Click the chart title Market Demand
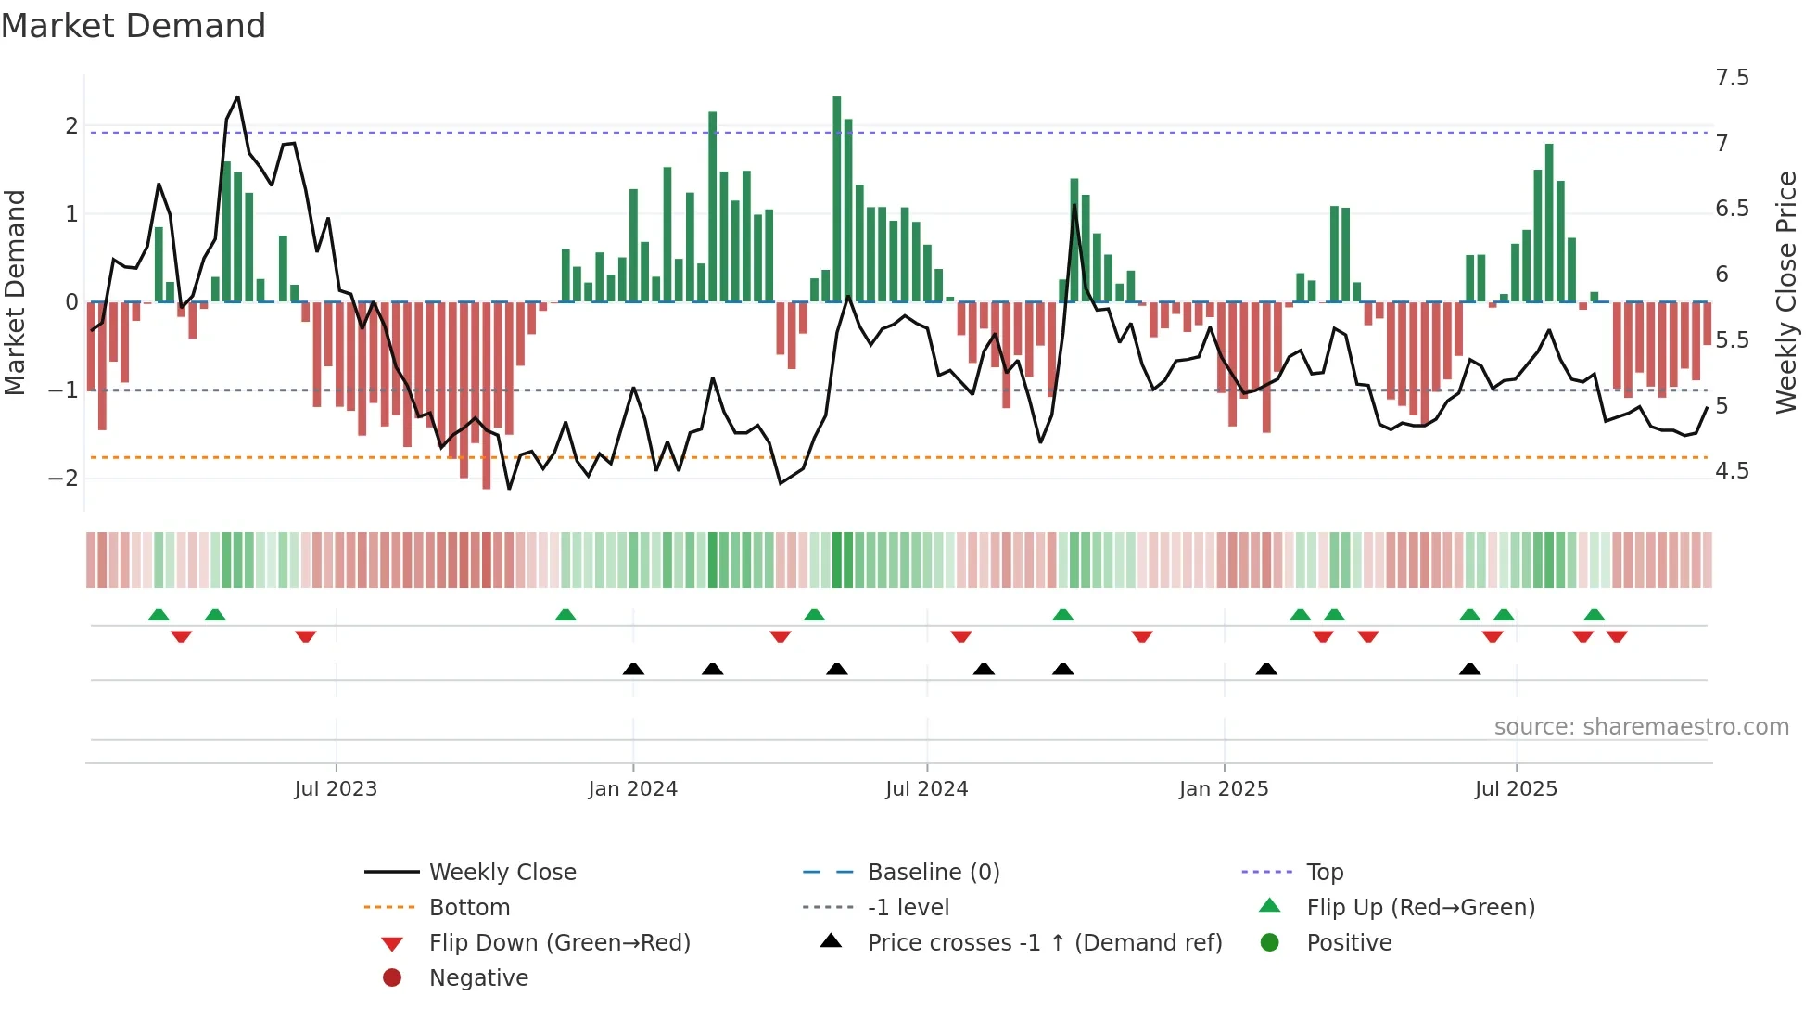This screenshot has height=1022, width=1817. click(133, 26)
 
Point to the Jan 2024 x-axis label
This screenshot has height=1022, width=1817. click(632, 789)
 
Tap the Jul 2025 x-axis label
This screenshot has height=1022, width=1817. click(1516, 789)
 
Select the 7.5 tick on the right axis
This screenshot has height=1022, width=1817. click(1732, 78)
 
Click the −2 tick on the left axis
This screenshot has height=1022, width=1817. click(64, 479)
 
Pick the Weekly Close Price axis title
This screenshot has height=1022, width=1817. click(1785, 292)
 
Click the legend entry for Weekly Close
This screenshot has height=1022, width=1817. click(502, 873)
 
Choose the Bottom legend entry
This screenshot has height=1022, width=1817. click(469, 908)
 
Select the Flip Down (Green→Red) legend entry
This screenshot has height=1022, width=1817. click(559, 943)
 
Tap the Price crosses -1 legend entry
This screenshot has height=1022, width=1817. click(1044, 943)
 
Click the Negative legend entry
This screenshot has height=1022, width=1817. click(478, 978)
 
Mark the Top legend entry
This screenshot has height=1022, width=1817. click(1324, 873)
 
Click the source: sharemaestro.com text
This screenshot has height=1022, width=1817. click(1641, 727)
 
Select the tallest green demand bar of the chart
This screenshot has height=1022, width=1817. click(837, 199)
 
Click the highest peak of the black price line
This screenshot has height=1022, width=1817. click(237, 97)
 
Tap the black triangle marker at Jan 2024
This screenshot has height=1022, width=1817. click(633, 669)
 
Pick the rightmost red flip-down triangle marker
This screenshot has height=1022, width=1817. click(1617, 636)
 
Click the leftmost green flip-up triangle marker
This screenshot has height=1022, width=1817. click(159, 615)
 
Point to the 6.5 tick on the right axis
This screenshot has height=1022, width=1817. click(1732, 209)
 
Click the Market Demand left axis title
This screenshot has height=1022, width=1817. click(16, 292)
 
